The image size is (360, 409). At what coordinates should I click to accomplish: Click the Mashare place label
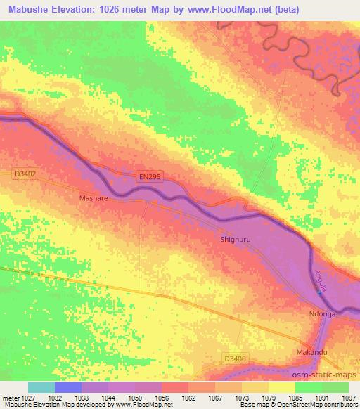click(x=92, y=199)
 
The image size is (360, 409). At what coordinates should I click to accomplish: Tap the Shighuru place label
click(x=236, y=239)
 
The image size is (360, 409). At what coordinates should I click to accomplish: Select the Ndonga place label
click(x=323, y=314)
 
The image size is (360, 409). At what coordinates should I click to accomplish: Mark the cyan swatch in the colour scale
click(x=41, y=387)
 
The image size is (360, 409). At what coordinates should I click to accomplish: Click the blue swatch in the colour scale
click(x=67, y=387)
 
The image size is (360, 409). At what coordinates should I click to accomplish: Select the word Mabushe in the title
click(x=25, y=9)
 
